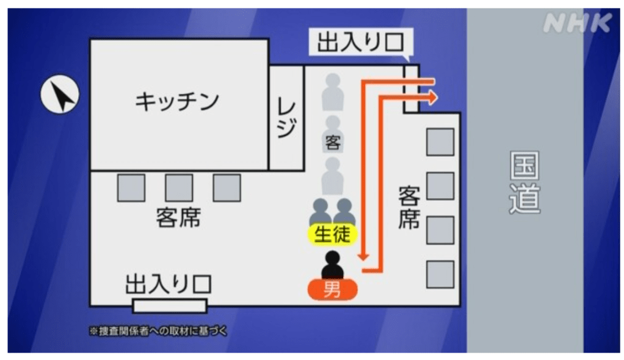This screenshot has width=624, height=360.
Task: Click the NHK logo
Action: tap(576, 24)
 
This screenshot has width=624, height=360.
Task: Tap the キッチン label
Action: tap(176, 101)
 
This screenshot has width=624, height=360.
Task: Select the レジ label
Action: tap(286, 118)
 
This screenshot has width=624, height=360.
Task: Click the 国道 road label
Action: tap(525, 183)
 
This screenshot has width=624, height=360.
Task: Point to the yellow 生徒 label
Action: tap(332, 234)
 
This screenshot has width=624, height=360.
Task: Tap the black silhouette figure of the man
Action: tap(333, 265)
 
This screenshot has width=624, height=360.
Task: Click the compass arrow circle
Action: tap(60, 96)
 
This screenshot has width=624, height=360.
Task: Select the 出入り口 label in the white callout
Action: tap(360, 44)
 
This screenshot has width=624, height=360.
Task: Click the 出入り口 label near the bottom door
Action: tap(168, 284)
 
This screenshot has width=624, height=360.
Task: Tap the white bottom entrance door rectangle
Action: tap(170, 306)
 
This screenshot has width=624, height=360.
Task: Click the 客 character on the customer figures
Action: tap(333, 144)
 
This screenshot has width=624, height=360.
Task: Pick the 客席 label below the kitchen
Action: tap(178, 218)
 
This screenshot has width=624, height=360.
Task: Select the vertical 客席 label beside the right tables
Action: tap(409, 207)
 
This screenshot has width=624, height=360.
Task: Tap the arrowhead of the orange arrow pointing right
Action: tap(432, 96)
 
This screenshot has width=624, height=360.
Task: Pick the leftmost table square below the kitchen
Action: tap(131, 187)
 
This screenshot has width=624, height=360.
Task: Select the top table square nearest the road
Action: tap(440, 142)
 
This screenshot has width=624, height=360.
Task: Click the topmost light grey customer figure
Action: tap(333, 90)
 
